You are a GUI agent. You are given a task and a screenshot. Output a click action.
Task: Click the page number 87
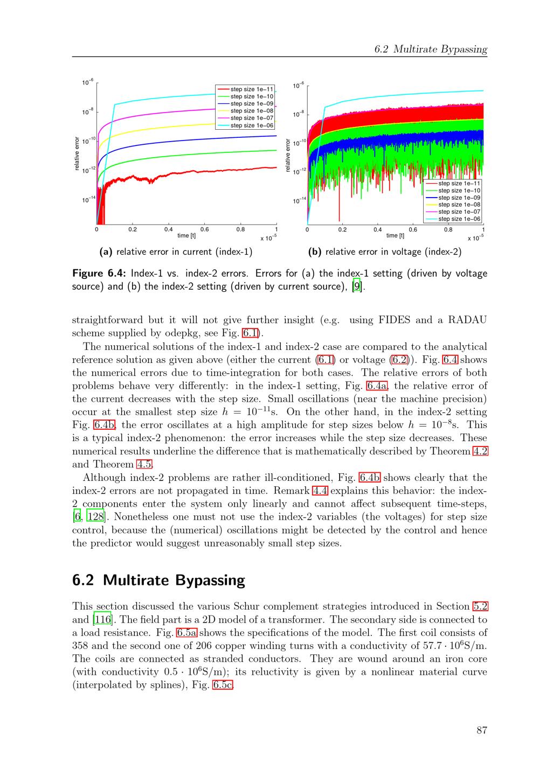tap(482, 730)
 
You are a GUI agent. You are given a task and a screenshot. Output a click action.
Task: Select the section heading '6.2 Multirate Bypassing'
tap(158, 580)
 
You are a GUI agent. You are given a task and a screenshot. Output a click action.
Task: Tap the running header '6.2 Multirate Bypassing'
tap(431, 50)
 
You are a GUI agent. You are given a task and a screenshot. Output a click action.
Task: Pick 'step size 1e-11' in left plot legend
tap(252, 89)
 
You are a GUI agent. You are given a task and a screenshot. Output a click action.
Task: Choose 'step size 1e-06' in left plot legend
tap(252, 125)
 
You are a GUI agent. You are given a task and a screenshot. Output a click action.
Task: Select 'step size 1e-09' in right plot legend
tap(459, 198)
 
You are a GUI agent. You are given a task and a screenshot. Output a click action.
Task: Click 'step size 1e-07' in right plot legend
tap(459, 212)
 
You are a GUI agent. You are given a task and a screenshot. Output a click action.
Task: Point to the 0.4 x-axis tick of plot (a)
tap(169, 229)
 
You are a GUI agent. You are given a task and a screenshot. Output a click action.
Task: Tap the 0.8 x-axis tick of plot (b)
tap(448, 229)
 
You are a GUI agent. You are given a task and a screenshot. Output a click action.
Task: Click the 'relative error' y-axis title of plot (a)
tap(77, 155)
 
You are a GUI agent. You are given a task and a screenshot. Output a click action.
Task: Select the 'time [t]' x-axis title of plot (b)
tap(395, 235)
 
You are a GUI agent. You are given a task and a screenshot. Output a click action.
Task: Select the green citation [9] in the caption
tap(356, 286)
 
